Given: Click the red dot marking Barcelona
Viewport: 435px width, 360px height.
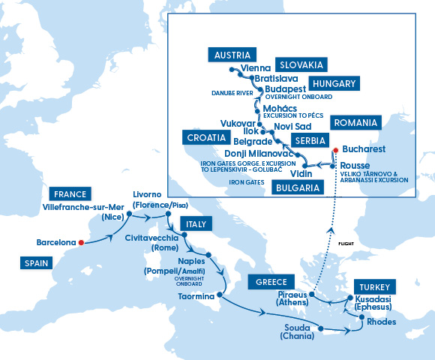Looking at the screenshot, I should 81,242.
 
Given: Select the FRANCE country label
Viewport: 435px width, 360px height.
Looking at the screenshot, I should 67,193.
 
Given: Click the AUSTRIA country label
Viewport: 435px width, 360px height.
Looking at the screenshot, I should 231,55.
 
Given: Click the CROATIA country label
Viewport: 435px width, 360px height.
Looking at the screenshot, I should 205,138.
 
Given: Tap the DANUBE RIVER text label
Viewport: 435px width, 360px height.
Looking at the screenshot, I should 229,93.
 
